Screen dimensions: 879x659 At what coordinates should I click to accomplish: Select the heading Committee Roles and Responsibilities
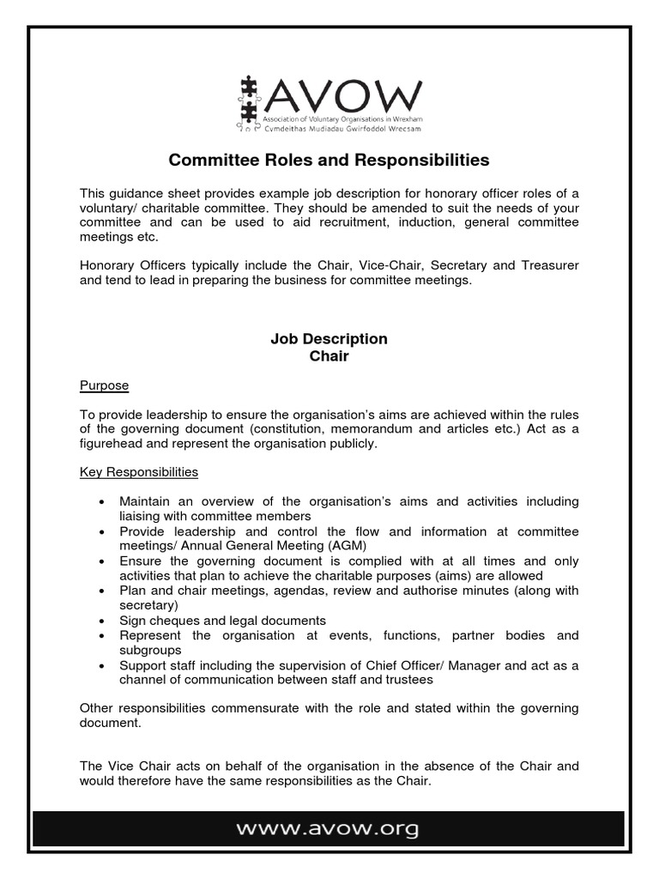[x=329, y=160]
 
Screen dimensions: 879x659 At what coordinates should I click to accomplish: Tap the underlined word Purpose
[x=104, y=385]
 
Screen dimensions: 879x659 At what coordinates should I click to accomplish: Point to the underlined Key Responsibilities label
[x=139, y=472]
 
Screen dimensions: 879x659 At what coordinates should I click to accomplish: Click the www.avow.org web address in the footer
[x=329, y=829]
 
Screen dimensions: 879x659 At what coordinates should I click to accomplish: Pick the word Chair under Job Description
[x=329, y=355]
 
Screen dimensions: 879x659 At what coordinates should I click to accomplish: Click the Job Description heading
[x=329, y=339]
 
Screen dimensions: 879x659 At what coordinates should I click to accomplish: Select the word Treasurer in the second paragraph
[x=548, y=266]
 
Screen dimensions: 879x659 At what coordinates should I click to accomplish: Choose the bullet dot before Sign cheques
[x=103, y=621]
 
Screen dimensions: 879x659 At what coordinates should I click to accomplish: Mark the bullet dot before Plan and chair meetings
[x=103, y=591]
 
